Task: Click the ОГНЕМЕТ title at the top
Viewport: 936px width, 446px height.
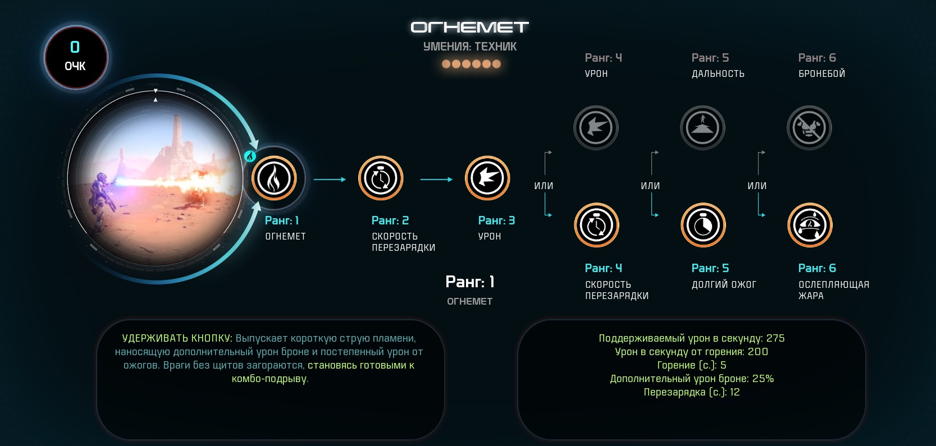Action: pos(469,27)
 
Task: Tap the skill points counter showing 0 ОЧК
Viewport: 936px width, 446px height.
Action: pos(76,57)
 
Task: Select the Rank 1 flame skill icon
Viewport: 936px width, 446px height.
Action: pos(274,178)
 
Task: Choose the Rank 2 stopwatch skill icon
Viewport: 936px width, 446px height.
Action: pos(381,178)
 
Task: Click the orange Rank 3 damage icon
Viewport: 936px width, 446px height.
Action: pos(487,178)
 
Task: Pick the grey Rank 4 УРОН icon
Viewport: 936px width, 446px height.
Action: pos(596,127)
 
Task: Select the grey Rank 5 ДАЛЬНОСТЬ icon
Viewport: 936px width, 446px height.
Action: pos(702,127)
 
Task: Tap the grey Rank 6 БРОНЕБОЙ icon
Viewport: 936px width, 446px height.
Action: pos(810,127)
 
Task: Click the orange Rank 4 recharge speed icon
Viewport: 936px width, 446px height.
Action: pos(597,226)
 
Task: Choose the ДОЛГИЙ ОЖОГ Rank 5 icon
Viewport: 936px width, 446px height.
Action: pos(703,226)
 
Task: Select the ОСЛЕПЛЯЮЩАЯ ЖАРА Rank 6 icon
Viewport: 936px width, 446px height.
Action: pos(810,226)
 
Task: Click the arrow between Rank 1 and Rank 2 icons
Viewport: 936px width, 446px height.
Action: pos(330,180)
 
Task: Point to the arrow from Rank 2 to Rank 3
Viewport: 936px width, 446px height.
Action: pos(436,180)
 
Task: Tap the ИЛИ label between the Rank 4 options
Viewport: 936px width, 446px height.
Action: pos(544,186)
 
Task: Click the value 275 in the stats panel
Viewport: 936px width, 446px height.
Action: pos(775,338)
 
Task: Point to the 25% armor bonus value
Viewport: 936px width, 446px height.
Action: pos(763,379)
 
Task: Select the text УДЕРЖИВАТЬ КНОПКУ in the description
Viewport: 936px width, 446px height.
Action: pos(177,338)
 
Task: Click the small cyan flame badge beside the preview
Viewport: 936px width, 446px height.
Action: pos(250,156)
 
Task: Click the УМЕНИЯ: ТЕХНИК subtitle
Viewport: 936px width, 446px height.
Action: pos(469,47)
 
